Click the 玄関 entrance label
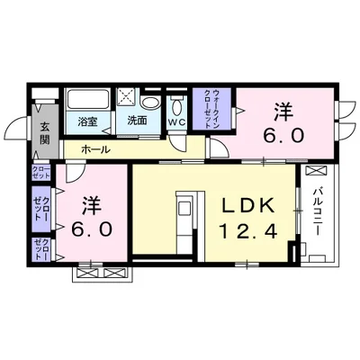pos(41,132)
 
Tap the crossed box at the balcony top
pos(316,171)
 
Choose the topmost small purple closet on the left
pos(41,173)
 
